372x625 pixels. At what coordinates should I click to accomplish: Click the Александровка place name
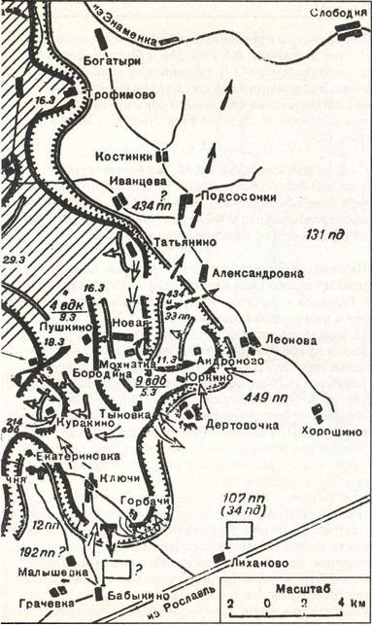pyautogui.click(x=255, y=274)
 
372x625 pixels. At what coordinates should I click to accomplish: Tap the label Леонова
pyautogui.click(x=289, y=341)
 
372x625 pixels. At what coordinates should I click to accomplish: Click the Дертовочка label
pyautogui.click(x=242, y=425)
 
